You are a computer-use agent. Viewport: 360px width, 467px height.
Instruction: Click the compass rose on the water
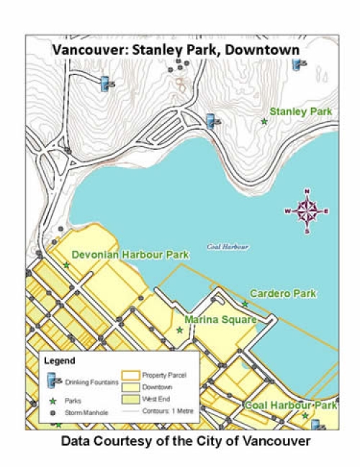tap(307, 211)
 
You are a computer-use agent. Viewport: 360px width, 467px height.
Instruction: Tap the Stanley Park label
tap(300, 112)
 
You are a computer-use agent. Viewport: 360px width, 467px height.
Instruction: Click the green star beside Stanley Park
tap(264, 122)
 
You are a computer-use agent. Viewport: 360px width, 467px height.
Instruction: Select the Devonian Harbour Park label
tap(130, 254)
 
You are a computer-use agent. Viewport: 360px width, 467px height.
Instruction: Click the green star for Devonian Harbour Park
tap(66, 265)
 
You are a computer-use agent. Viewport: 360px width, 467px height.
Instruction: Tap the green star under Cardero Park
tap(245, 304)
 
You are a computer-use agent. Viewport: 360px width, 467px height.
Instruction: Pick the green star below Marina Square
tap(179, 330)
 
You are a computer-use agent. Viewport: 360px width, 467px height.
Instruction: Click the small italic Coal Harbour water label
tap(228, 246)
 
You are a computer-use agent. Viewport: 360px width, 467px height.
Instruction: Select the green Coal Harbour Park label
tap(290, 406)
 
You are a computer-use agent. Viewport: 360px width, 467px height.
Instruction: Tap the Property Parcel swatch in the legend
tap(131, 375)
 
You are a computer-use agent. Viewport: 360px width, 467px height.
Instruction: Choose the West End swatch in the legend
tap(131, 399)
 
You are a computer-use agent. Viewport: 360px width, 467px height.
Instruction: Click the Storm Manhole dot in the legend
tap(52, 413)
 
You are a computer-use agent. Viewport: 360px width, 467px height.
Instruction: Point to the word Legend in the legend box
tap(59, 360)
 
